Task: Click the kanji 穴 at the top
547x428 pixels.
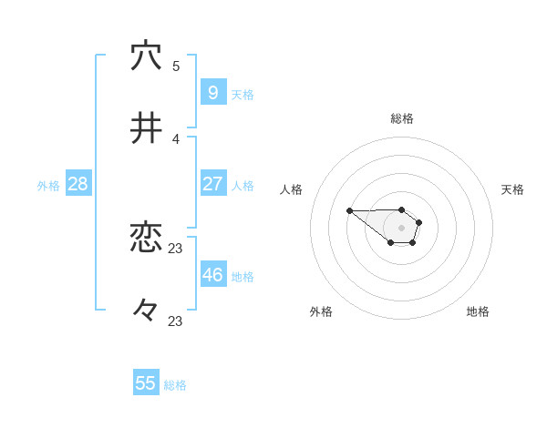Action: click(146, 56)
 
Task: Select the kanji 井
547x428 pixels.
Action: click(146, 129)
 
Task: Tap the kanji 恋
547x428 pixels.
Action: click(146, 238)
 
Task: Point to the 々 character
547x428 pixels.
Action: click(146, 311)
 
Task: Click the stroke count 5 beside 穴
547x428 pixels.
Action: click(176, 66)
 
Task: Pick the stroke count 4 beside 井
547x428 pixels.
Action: click(176, 138)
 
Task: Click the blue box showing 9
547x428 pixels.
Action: click(213, 92)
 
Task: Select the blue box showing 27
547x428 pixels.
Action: click(213, 183)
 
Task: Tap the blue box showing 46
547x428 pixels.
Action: click(213, 274)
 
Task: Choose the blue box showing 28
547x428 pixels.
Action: click(78, 184)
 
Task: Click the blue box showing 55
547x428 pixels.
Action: click(146, 383)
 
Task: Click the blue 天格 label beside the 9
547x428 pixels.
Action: click(243, 95)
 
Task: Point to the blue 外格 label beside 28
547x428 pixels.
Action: click(48, 186)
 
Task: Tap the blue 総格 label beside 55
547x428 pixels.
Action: click(175, 385)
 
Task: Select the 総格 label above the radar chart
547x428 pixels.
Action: click(402, 118)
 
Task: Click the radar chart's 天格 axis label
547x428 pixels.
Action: click(512, 189)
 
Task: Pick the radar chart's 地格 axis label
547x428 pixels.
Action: click(478, 311)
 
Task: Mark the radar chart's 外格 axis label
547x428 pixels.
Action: click(321, 311)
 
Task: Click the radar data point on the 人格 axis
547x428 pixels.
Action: click(349, 211)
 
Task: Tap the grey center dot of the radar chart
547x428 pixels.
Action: click(401, 228)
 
